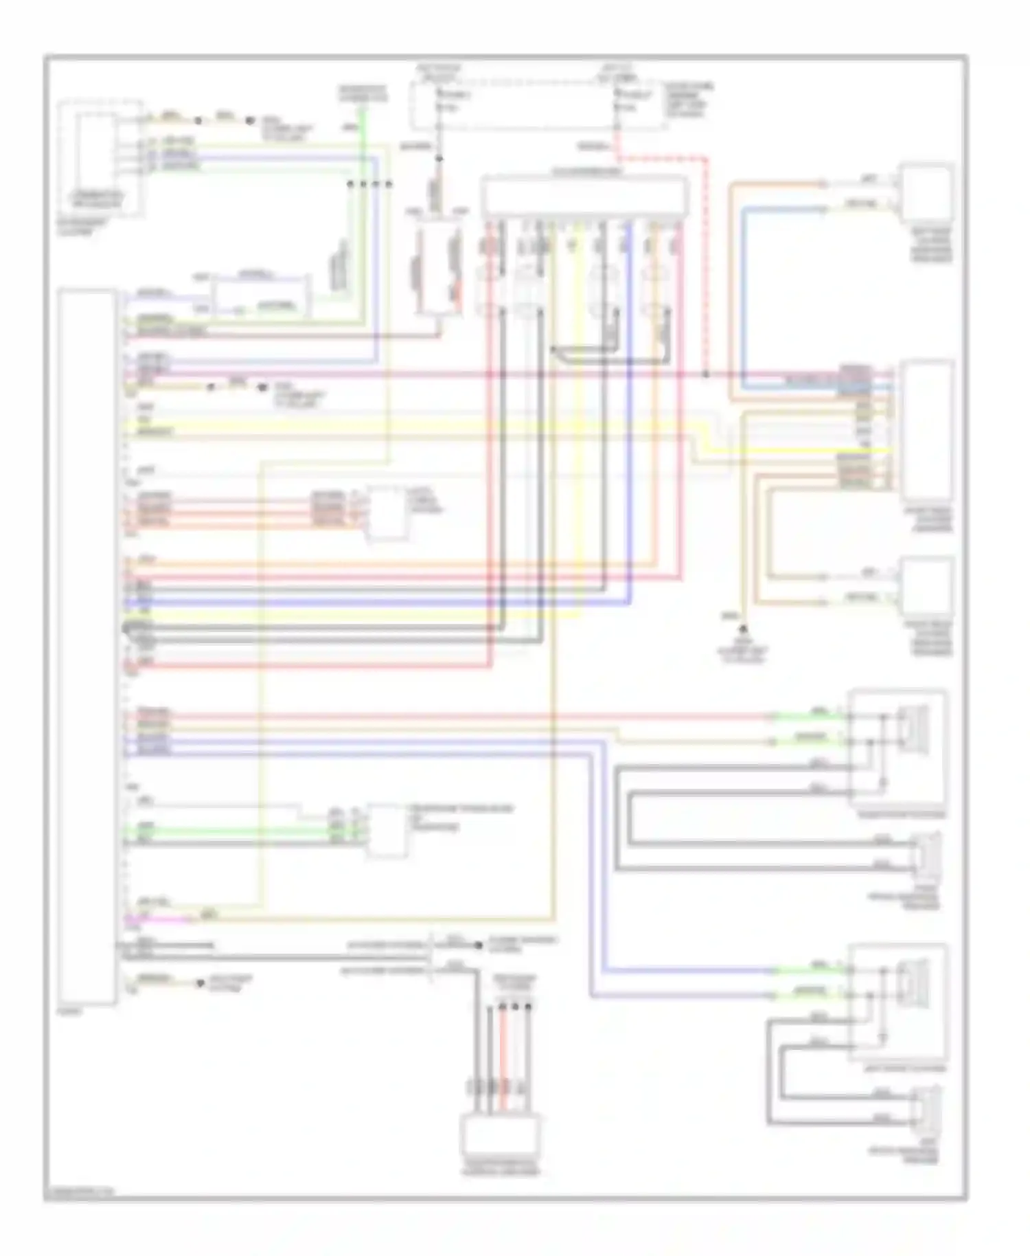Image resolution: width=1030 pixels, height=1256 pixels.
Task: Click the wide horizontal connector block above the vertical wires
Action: click(584, 196)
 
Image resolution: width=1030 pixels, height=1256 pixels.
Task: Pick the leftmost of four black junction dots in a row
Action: click(350, 184)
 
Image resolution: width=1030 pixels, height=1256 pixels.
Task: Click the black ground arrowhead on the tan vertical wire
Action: click(742, 628)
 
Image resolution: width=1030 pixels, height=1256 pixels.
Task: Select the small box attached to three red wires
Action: click(386, 512)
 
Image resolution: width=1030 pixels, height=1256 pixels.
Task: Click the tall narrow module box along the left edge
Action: click(87, 646)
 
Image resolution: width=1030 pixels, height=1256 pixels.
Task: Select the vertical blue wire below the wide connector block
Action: click(628, 412)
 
